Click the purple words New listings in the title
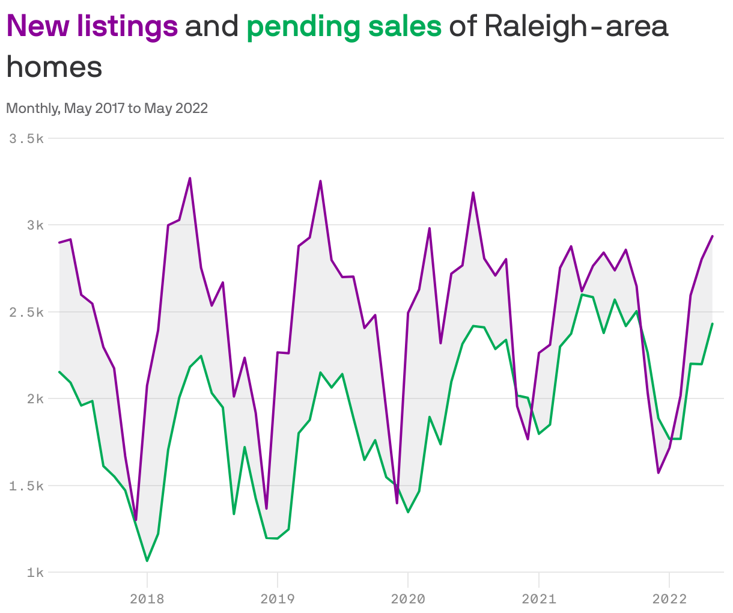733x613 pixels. (92, 26)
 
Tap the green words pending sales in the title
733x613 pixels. (344, 26)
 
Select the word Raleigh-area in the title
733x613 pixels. (576, 26)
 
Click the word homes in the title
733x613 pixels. (54, 66)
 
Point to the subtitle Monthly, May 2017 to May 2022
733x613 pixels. (107, 108)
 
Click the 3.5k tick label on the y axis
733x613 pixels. (26, 138)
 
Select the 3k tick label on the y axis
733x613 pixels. (35, 225)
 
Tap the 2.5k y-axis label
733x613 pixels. (26, 312)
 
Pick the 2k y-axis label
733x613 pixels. (35, 398)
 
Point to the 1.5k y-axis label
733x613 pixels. (26, 486)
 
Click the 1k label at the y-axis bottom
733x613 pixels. (35, 572)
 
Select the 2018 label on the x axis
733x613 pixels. (147, 599)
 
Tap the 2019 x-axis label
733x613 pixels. (277, 599)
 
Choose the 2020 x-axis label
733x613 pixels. (408, 599)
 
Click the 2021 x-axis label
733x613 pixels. (539, 599)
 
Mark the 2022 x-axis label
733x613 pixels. (669, 599)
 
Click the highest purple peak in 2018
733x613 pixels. (190, 178)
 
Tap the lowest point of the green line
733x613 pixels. (147, 561)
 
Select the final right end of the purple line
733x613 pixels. (713, 236)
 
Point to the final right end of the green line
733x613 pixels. (713, 323)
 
